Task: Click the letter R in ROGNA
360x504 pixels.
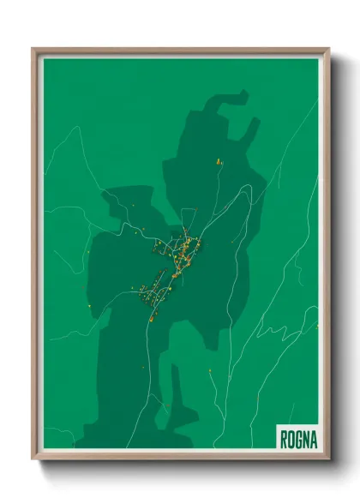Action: click(x=285, y=440)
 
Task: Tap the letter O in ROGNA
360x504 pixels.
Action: click(x=291, y=440)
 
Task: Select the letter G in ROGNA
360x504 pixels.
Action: click(x=298, y=440)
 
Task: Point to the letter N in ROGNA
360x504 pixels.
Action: click(x=306, y=440)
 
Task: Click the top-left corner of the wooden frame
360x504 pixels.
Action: click(x=33, y=49)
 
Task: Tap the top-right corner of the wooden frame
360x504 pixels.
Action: click(x=328, y=49)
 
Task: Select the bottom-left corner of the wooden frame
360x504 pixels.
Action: click(x=33, y=459)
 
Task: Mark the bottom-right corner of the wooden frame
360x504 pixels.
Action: click(x=328, y=459)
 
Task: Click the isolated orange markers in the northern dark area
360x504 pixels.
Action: click(x=219, y=159)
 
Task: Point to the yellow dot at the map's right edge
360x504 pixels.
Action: click(x=316, y=326)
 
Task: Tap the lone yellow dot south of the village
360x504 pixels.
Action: click(x=210, y=370)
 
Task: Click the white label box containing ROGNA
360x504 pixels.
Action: click(x=298, y=439)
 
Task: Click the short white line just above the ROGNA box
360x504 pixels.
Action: click(x=291, y=413)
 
